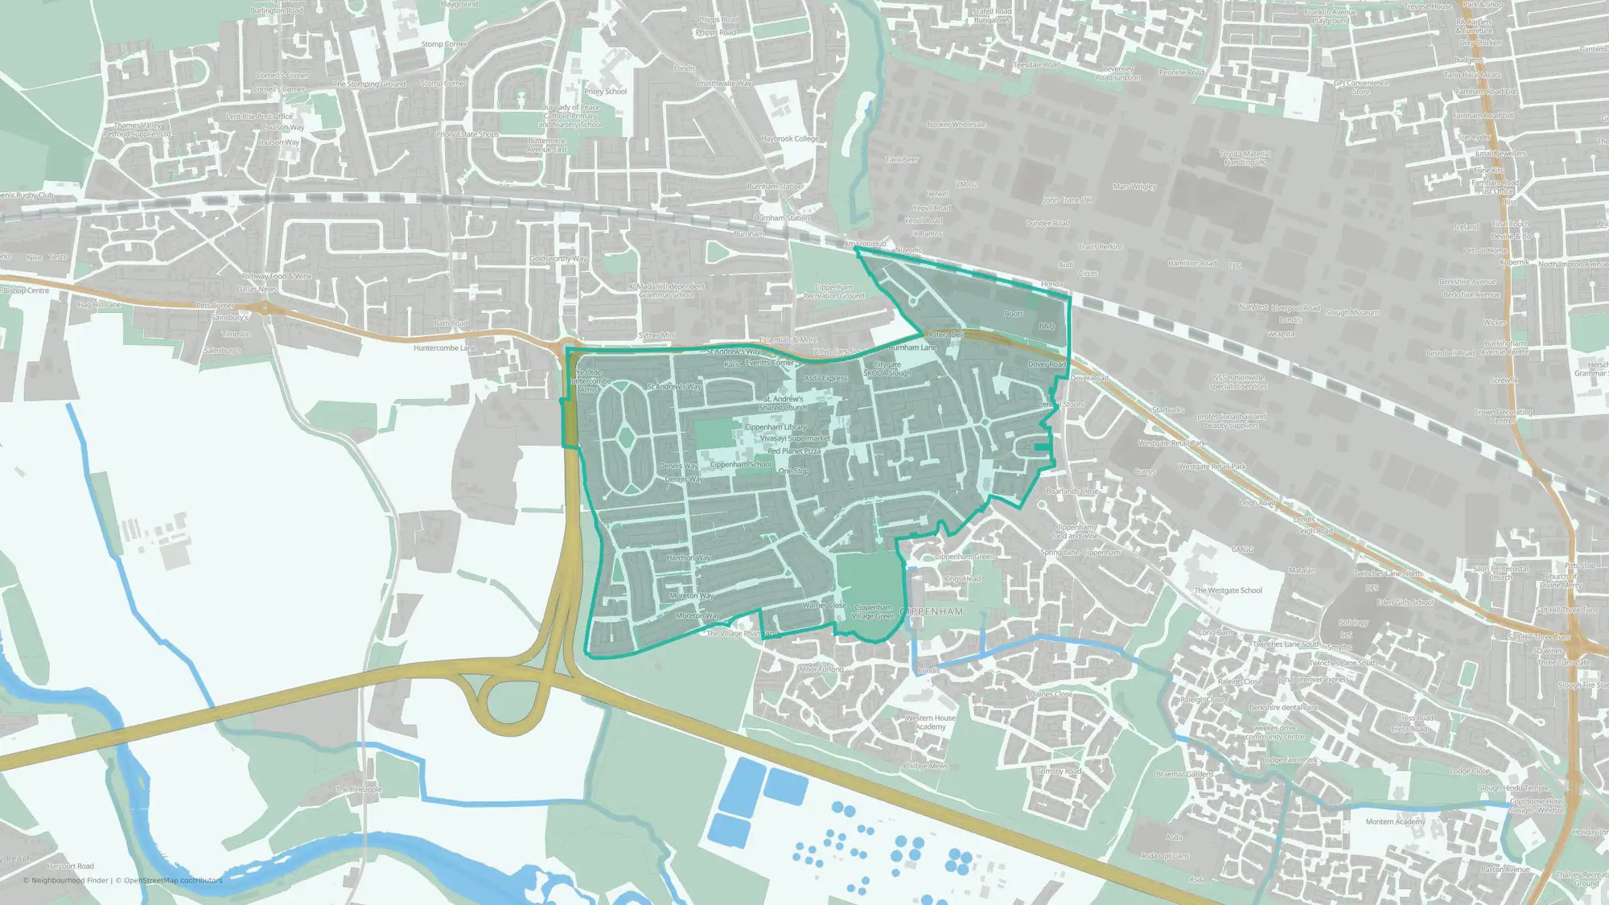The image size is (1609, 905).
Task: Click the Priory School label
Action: (x=605, y=92)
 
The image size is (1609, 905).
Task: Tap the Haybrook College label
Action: (x=789, y=138)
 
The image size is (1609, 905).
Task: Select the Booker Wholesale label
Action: (x=956, y=125)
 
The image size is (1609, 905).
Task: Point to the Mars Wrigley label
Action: (x=1134, y=187)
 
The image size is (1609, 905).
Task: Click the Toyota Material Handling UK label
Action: (x=1245, y=158)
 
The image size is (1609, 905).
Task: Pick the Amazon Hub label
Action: (x=864, y=244)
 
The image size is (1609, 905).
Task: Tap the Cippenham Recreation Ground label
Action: (x=833, y=291)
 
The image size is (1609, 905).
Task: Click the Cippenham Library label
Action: (x=775, y=427)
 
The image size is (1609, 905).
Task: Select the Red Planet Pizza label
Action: (x=793, y=451)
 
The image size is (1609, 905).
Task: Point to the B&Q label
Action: (x=1046, y=326)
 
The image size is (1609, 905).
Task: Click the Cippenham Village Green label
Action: (x=873, y=611)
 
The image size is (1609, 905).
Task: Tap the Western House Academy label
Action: (x=930, y=722)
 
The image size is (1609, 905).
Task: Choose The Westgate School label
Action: (x=1228, y=590)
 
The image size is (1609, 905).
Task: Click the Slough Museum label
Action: (x=1352, y=313)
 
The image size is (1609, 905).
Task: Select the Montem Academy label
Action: (x=1395, y=821)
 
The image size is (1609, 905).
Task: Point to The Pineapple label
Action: (x=358, y=789)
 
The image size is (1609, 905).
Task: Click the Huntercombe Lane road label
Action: (x=444, y=348)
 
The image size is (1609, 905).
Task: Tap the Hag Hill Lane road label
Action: (x=100, y=305)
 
